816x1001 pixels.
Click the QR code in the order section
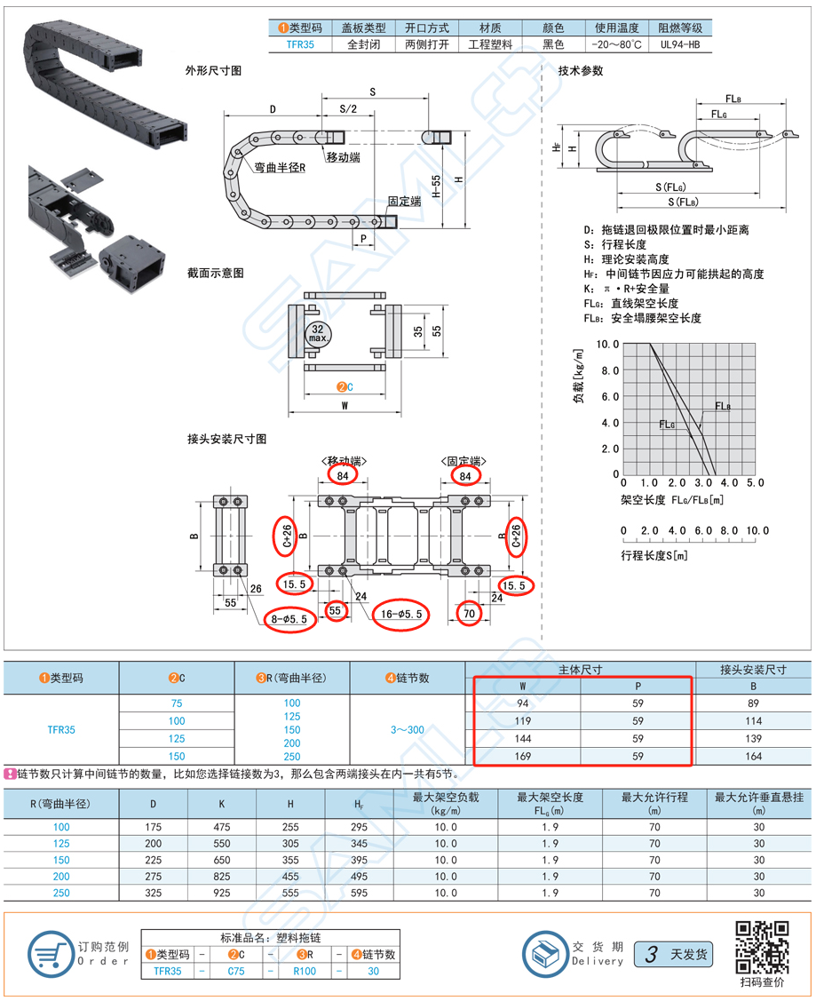(763, 948)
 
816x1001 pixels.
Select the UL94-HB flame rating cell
(680, 44)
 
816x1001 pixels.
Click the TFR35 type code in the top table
(299, 44)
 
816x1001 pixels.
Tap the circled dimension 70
(471, 613)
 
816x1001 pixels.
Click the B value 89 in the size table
(754, 703)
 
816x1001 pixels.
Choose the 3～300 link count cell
(408, 730)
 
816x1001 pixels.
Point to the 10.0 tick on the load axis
(607, 344)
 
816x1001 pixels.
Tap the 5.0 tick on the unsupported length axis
(755, 482)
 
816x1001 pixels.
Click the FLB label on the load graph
(723, 407)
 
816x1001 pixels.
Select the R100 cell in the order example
(305, 972)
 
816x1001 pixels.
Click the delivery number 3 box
(652, 955)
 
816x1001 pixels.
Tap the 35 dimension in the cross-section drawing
(416, 330)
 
